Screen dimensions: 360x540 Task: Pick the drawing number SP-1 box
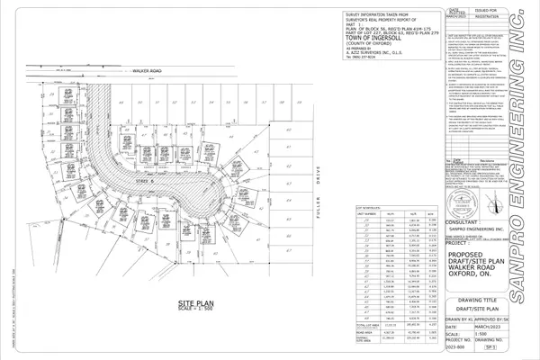click(x=517, y=344)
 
